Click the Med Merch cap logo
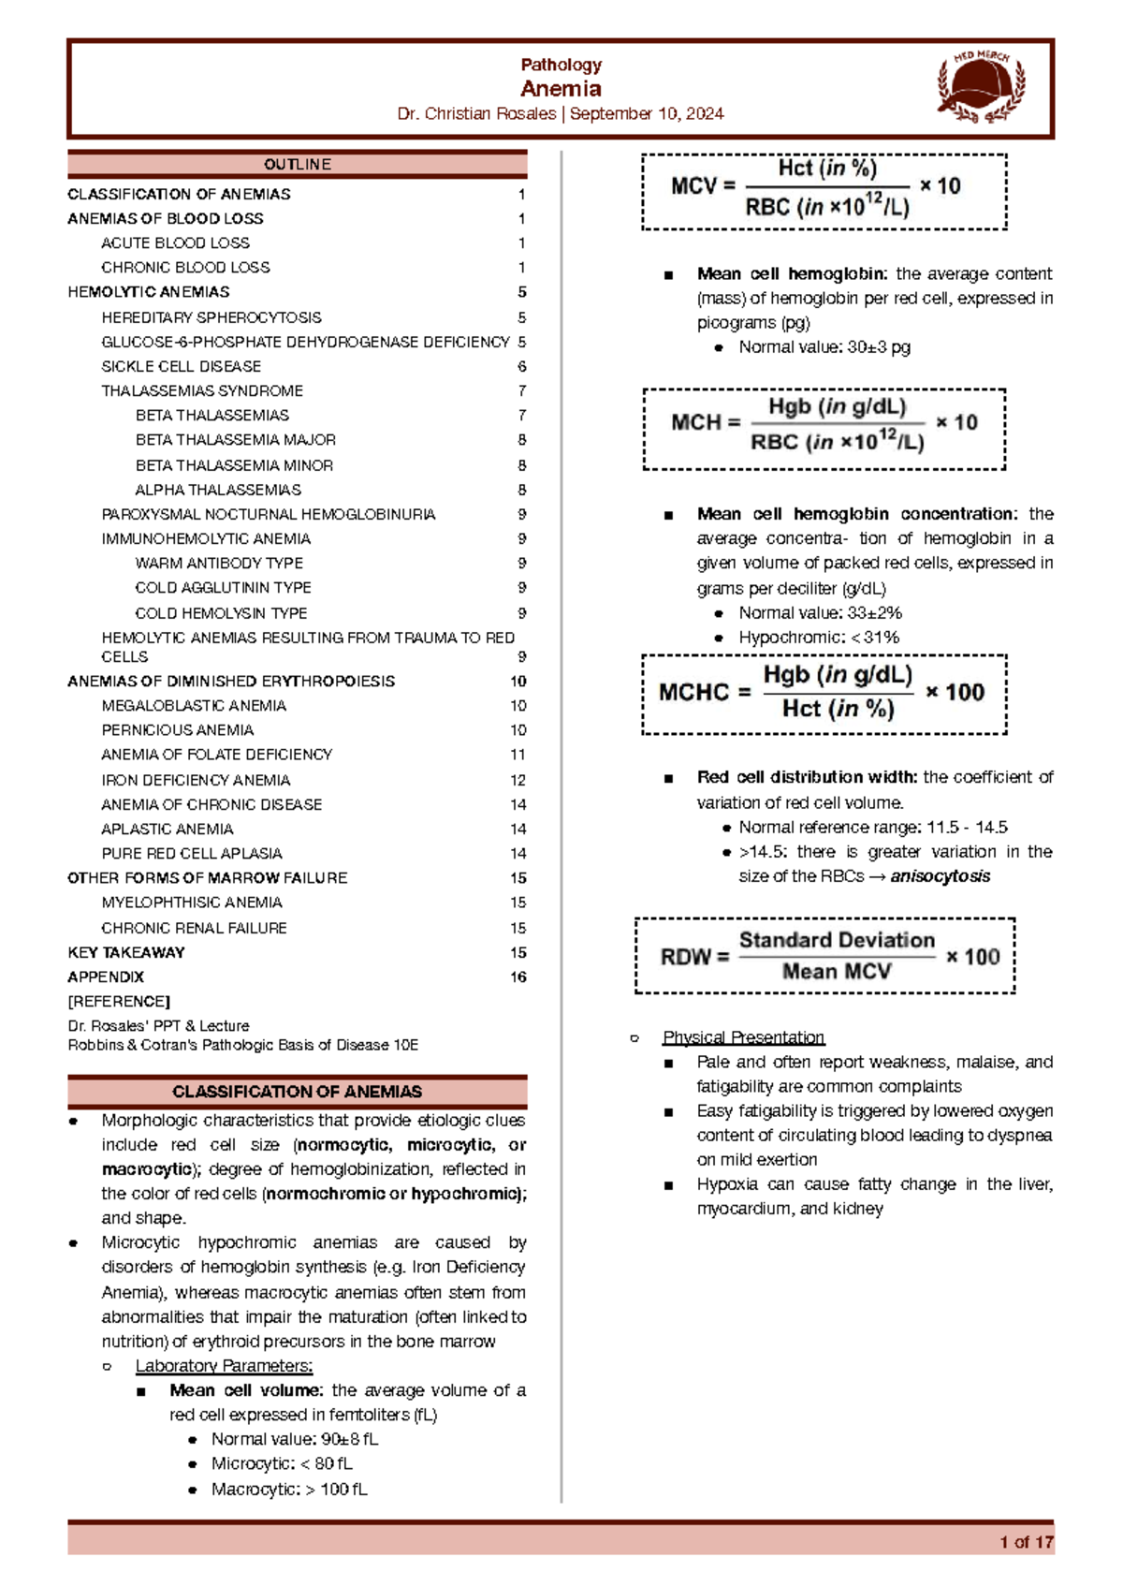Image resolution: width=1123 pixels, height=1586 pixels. (981, 87)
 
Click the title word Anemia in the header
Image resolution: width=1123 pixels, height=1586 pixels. (561, 89)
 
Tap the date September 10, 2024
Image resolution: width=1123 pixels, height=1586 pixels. (647, 113)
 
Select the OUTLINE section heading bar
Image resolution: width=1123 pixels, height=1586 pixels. (297, 164)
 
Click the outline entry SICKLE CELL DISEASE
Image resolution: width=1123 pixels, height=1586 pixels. (182, 366)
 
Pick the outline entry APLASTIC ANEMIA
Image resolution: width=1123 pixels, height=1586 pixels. (168, 829)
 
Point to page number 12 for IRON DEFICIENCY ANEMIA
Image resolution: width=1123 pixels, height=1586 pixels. (518, 780)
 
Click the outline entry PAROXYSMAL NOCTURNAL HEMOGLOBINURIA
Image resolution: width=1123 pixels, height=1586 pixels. (269, 514)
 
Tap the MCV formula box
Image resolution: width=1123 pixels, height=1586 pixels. (824, 191)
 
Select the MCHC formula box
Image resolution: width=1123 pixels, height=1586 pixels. (824, 694)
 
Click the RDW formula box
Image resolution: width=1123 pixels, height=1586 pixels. (824, 956)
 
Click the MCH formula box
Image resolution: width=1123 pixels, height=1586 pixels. (824, 428)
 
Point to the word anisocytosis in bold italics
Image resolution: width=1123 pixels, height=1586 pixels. (940, 876)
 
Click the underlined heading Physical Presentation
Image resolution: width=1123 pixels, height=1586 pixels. (743, 1037)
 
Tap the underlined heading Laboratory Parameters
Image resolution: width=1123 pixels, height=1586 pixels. (224, 1366)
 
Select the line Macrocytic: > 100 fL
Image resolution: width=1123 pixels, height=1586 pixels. (289, 1489)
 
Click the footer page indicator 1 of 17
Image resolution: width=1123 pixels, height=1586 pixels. (1026, 1542)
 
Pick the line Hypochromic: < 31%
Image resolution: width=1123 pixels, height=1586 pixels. (819, 637)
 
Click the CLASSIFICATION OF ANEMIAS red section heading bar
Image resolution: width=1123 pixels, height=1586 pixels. (297, 1092)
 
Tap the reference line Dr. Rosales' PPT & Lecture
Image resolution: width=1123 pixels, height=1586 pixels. (158, 1025)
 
